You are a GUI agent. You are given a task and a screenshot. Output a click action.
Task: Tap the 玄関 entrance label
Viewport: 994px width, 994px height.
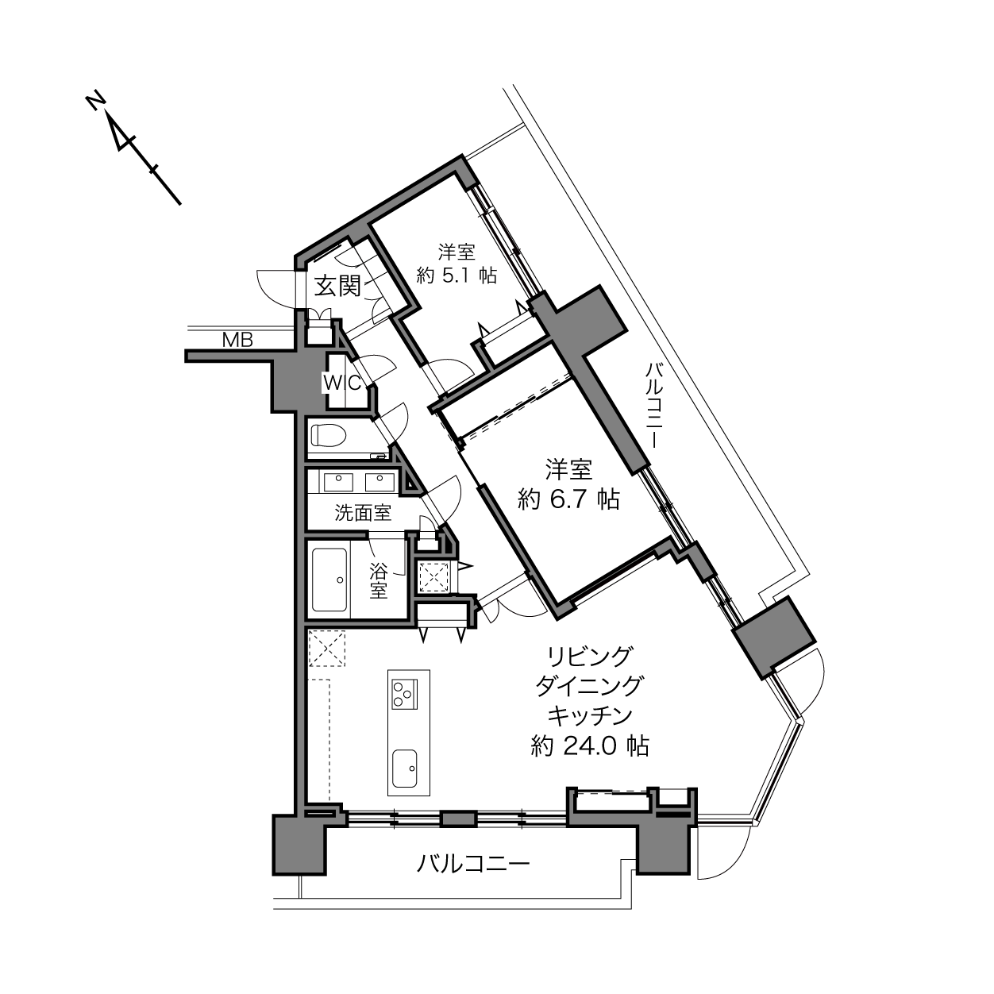pyautogui.click(x=338, y=286)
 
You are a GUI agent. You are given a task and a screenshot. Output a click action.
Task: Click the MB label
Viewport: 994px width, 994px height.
pyautogui.click(x=237, y=341)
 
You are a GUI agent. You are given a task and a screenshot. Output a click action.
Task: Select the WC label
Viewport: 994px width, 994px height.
pyautogui.click(x=342, y=383)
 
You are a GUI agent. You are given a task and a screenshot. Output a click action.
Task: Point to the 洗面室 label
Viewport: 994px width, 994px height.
pyautogui.click(x=363, y=513)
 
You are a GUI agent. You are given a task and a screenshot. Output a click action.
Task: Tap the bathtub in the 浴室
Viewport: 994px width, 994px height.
pyautogui.click(x=329, y=580)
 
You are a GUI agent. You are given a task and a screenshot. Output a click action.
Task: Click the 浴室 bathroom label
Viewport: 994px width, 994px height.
pyautogui.click(x=378, y=580)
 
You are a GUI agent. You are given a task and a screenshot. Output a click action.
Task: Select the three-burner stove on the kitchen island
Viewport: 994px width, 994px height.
pyautogui.click(x=405, y=695)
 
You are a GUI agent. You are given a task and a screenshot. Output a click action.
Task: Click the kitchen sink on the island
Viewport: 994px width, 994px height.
pyautogui.click(x=405, y=769)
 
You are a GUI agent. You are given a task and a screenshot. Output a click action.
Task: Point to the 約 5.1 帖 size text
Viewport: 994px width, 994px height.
pyautogui.click(x=457, y=276)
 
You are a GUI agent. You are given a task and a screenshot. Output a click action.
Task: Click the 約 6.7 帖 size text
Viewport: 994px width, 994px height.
pyautogui.click(x=568, y=499)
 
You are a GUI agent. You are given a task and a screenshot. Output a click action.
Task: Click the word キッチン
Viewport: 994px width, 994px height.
pyautogui.click(x=590, y=715)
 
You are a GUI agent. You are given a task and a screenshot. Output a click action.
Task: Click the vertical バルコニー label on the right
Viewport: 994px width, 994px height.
pyautogui.click(x=654, y=406)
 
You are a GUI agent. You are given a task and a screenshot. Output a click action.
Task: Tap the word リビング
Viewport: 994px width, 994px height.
pyautogui.click(x=590, y=657)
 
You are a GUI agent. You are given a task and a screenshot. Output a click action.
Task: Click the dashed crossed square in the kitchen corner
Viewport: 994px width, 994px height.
pyautogui.click(x=327, y=649)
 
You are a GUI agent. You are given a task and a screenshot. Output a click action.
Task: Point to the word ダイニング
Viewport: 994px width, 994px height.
pyautogui.click(x=590, y=686)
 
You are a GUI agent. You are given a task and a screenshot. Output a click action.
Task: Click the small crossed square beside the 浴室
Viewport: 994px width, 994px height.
pyautogui.click(x=434, y=576)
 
